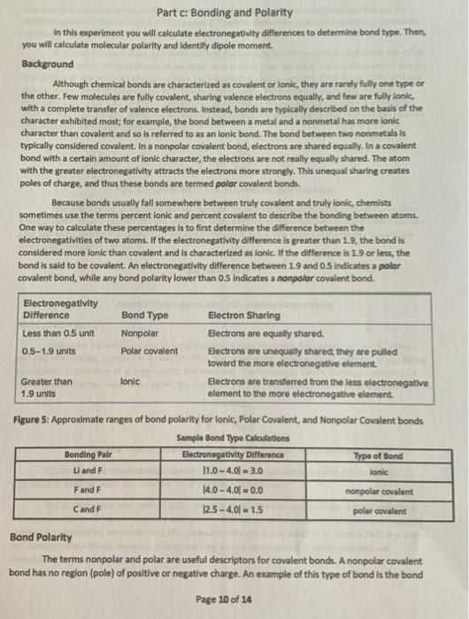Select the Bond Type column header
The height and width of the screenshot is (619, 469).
pos(145,314)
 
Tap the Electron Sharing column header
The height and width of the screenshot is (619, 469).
pos(243,314)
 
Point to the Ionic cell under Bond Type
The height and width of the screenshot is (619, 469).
pos(132,382)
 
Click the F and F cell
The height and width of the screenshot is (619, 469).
pos(91,489)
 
